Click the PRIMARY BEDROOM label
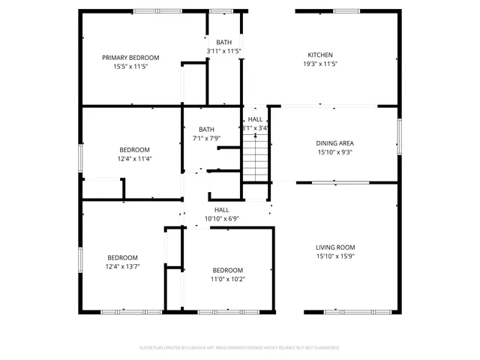pyautogui.click(x=130, y=58)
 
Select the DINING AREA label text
pyautogui.click(x=334, y=142)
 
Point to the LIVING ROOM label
pyautogui.click(x=334, y=247)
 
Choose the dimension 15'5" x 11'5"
pyautogui.click(x=130, y=67)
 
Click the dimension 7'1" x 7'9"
pyautogui.click(x=206, y=138)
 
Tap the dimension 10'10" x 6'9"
pyautogui.click(x=221, y=218)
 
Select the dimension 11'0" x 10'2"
pyautogui.click(x=227, y=279)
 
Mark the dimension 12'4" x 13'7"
pyautogui.click(x=122, y=265)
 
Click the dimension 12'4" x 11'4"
pyautogui.click(x=134, y=158)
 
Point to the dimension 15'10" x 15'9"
pyautogui.click(x=334, y=256)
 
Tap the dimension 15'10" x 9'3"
pyautogui.click(x=334, y=151)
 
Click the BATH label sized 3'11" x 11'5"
pyautogui.click(x=224, y=42)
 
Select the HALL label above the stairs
pyautogui.click(x=255, y=119)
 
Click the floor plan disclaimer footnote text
pyautogui.click(x=239, y=348)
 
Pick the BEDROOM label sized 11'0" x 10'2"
pyautogui.click(x=227, y=270)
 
